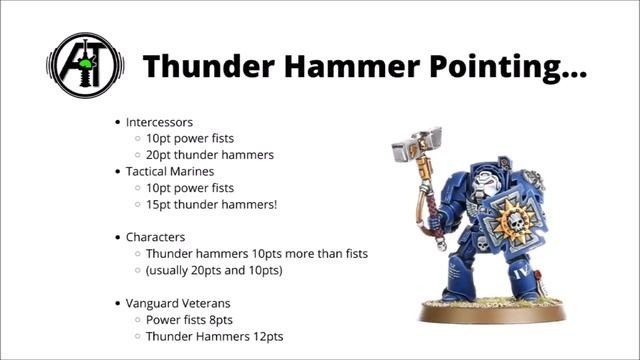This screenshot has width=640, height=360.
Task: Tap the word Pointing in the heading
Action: click(x=497, y=68)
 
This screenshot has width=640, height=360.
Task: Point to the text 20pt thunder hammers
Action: click(x=209, y=154)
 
